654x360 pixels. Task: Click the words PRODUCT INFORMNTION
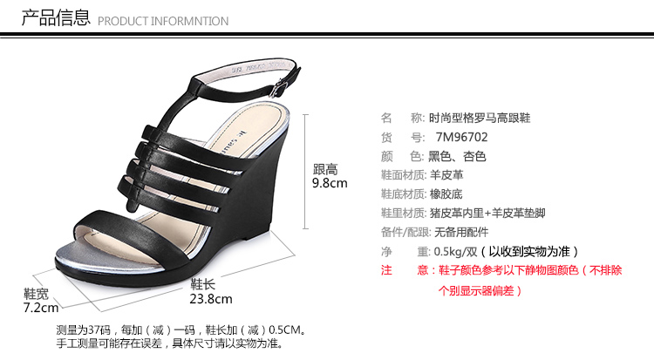pos(163,21)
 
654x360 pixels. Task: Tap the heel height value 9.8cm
pos(330,184)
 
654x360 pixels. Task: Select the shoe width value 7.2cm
pos(41,308)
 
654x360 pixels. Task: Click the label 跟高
pos(325,169)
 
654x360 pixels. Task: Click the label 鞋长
pos(202,284)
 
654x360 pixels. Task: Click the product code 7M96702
pos(461,137)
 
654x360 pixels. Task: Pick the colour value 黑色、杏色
pos(457,156)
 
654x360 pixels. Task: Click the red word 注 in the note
pos(386,270)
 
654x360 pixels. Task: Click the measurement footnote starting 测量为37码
pos(181,330)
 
